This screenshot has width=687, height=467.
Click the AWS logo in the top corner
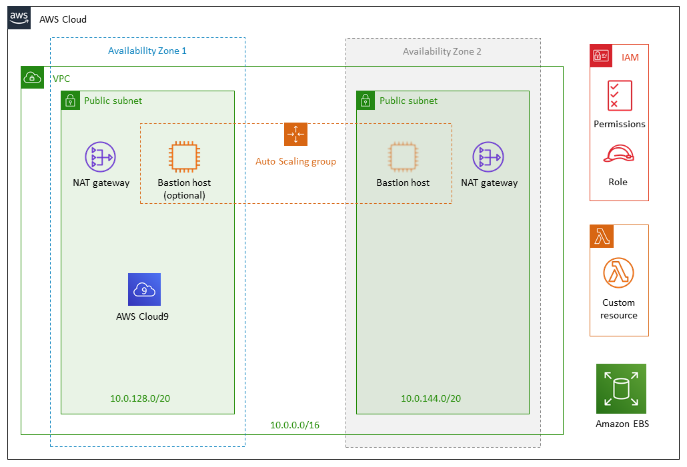pos(19,18)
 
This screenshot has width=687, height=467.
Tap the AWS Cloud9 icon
pos(145,290)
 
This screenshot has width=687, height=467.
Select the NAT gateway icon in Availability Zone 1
pos(100,157)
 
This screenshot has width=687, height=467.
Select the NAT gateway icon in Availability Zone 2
pos(488,157)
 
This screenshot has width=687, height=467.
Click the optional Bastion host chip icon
pos(184,157)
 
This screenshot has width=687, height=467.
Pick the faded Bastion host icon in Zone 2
pos(403,157)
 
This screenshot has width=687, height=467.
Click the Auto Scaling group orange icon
pos(295,135)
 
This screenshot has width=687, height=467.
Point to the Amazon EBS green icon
pos(622,388)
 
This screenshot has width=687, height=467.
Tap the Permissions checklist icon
pos(620,95)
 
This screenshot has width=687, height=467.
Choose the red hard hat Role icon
pos(618,155)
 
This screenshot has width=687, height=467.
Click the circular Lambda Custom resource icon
pos(618,273)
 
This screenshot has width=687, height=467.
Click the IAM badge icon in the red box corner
pos(601,56)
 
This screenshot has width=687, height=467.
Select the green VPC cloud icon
pos(32,77)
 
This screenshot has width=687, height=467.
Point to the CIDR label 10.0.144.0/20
pos(431,398)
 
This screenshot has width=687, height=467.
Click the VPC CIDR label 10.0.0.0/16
pos(294,425)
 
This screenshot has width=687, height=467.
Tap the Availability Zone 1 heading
pos(147,51)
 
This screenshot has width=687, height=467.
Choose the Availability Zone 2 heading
pos(442,51)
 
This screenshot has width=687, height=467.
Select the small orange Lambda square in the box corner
pos(601,236)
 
